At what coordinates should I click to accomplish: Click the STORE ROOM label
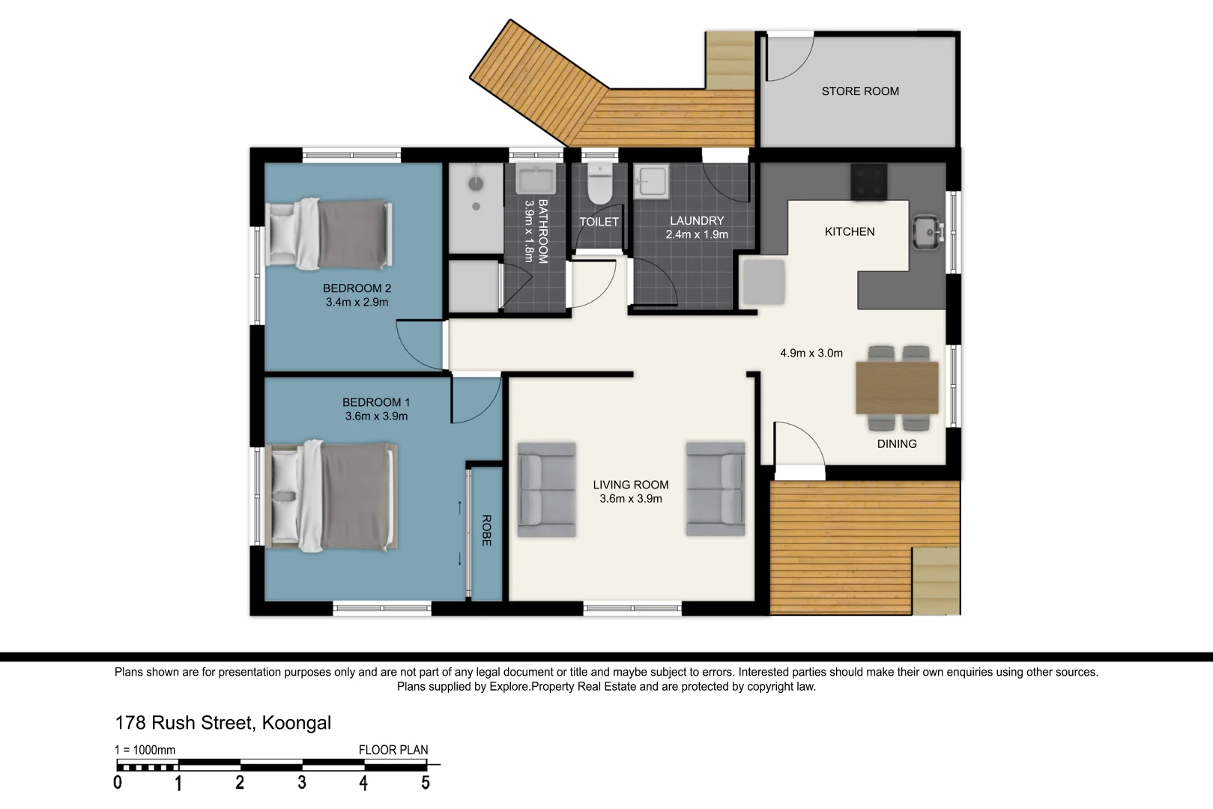[860, 91]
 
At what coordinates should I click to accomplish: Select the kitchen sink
[928, 233]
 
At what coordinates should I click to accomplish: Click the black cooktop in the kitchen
[868, 182]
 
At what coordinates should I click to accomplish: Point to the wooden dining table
[897, 388]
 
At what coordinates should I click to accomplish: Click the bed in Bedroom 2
[329, 234]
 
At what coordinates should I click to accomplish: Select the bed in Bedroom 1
[331, 497]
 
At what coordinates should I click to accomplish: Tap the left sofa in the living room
[546, 490]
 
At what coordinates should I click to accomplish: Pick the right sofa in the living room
[716, 489]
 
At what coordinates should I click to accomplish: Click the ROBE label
[486, 530]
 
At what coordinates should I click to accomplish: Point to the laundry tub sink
[651, 181]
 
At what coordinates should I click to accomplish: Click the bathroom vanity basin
[536, 178]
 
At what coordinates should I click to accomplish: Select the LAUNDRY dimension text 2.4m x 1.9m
[697, 234]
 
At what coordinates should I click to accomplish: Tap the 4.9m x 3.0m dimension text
[811, 353]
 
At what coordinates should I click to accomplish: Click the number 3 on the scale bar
[302, 783]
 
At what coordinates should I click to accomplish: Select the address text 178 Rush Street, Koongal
[223, 723]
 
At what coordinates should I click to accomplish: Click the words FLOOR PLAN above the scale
[393, 750]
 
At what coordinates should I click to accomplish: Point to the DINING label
[897, 444]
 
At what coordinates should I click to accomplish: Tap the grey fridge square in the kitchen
[763, 282]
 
